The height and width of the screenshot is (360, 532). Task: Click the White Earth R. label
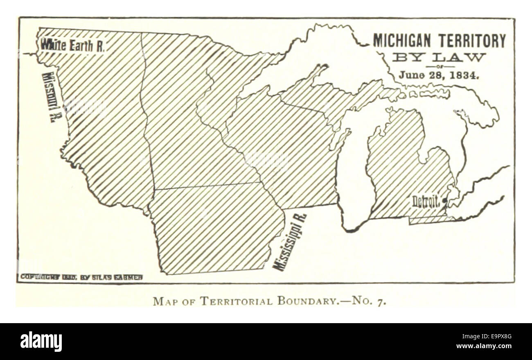[72, 45]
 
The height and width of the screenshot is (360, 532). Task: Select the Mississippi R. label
[290, 242]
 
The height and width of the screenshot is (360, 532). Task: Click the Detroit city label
[426, 202]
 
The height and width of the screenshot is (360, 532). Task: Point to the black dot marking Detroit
[445, 200]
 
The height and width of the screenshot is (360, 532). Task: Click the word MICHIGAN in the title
[402, 41]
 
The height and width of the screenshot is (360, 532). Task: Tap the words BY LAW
[439, 57]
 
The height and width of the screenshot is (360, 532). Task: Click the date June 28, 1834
[439, 75]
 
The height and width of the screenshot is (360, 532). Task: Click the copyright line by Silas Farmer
[81, 277]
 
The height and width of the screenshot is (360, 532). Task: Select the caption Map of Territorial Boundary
[269, 301]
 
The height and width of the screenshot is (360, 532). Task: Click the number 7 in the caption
[383, 302]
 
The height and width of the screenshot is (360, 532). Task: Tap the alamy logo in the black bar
[41, 342]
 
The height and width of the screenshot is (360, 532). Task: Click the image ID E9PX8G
[497, 337]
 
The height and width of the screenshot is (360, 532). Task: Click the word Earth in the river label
[81, 45]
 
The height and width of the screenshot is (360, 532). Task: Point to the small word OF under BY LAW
[440, 66]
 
